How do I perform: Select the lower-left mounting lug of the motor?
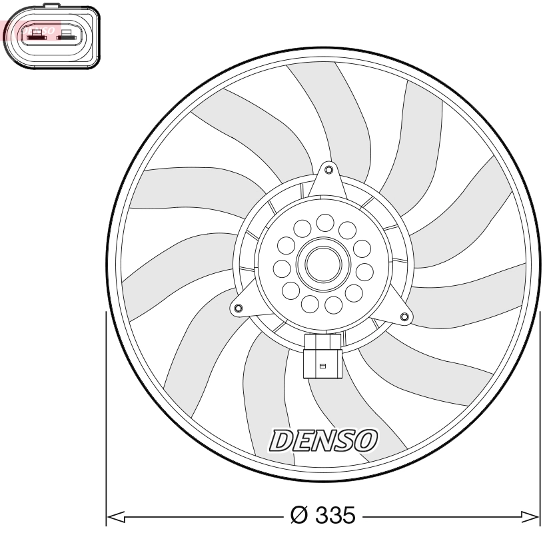click(237, 308)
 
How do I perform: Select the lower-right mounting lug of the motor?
click(404, 316)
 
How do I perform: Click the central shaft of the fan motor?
click(323, 263)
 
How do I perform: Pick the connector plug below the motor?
click(322, 356)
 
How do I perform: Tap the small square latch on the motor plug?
click(322, 366)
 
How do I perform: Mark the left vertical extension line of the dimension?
click(107, 413)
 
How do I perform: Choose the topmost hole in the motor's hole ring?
click(325, 222)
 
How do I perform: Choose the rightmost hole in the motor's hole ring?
click(365, 271)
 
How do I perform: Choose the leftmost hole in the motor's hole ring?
click(282, 269)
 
